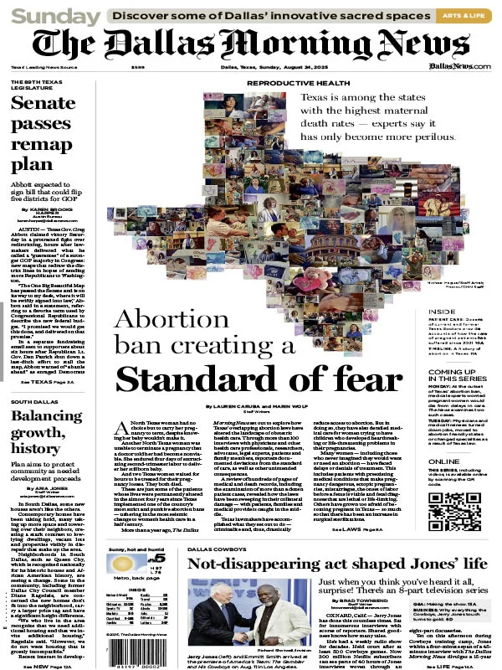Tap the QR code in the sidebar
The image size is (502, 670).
pyautogui.click(x=458, y=510)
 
